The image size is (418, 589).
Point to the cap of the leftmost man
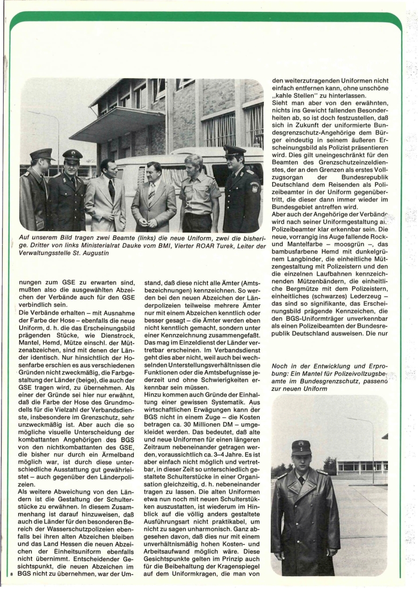41,154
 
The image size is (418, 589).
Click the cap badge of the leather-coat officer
301,443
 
